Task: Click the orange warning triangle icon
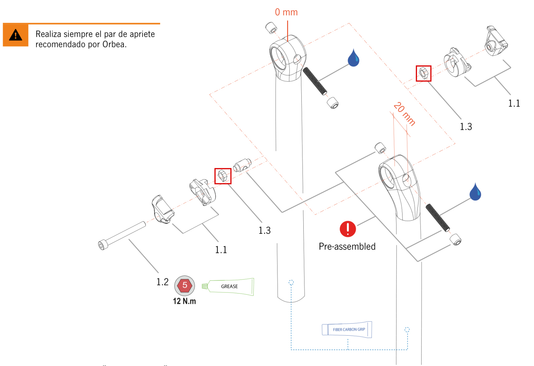coord(15,35)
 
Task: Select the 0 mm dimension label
coord(286,12)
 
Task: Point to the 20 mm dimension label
coord(405,114)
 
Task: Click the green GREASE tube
coord(230,287)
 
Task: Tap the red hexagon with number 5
coord(185,286)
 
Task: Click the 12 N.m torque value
coord(184,301)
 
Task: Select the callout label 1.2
coord(163,282)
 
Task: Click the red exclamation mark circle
coord(348,229)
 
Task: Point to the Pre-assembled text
coord(347,246)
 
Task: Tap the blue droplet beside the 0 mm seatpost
coord(353,58)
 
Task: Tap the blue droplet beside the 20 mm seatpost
coord(475,192)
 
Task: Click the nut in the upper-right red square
coord(424,73)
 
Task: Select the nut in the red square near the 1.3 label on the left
coord(223,176)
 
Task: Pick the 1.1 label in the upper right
coord(514,104)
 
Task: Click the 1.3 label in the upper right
coord(466,127)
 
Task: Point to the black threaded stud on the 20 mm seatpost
coord(438,217)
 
